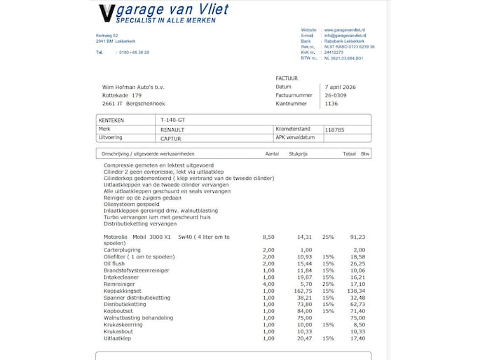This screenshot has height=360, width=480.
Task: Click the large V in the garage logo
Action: coord(106,14)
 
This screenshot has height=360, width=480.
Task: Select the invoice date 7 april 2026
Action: coord(342,87)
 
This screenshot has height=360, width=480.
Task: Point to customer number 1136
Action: coord(331,104)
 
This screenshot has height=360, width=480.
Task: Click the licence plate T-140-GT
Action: coord(173,120)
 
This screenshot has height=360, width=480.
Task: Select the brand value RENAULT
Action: coord(172,130)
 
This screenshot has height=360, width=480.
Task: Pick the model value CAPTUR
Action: coord(171,138)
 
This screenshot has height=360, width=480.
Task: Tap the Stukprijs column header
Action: coord(299,153)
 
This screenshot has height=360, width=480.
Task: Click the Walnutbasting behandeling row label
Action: coord(133,317)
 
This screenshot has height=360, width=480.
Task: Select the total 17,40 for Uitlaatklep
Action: coord(357,338)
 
